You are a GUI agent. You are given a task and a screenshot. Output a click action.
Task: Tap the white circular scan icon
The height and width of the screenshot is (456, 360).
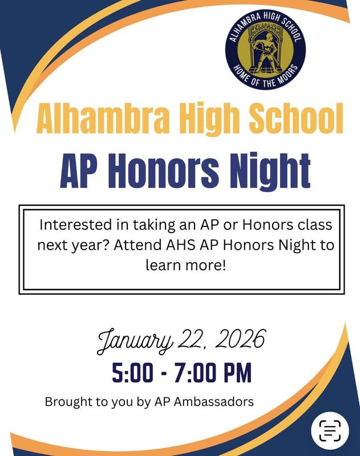point(330,430)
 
